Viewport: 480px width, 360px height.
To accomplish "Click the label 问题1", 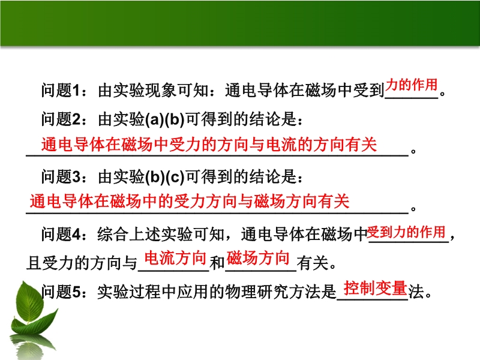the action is click(61, 91).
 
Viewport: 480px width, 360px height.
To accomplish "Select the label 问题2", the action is click(61, 119).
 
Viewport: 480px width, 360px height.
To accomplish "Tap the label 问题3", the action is click(61, 176).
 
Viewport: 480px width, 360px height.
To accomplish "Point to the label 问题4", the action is click(61, 235).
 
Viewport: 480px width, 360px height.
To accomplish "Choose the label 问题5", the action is click(61, 292).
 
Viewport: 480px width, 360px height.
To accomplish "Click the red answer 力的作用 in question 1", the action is click(411, 85).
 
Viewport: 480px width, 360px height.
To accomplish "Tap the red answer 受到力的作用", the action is click(406, 232).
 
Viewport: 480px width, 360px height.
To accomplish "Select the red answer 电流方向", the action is click(175, 258).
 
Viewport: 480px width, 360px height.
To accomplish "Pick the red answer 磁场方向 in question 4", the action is click(258, 258).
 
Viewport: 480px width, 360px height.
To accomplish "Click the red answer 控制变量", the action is click(376, 288).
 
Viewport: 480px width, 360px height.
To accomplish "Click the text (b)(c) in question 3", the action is click(164, 177).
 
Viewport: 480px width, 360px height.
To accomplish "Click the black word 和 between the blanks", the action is click(217, 263).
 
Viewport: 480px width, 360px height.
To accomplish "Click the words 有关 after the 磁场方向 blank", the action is click(312, 263).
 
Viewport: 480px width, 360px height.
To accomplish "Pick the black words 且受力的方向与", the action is click(82, 263).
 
